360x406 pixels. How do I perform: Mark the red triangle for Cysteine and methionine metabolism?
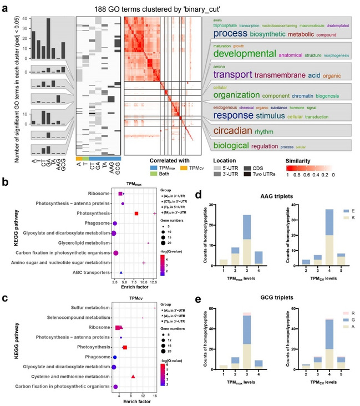tap(133, 377)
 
